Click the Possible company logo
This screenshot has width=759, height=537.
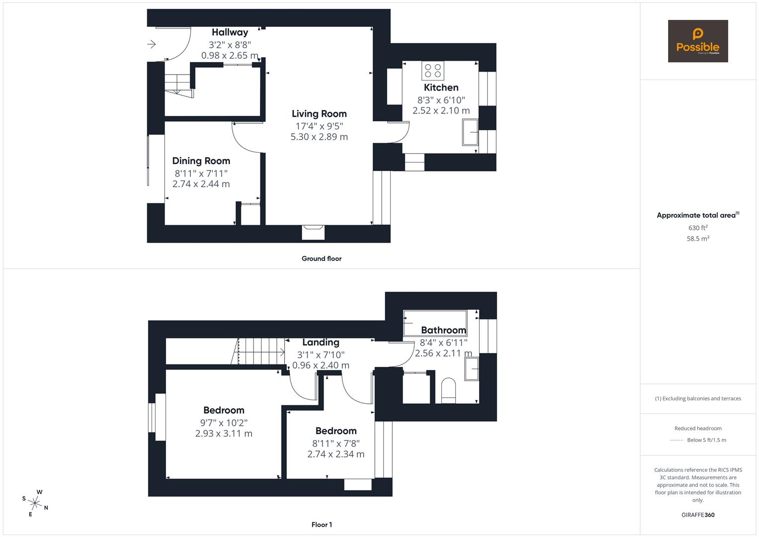(698, 41)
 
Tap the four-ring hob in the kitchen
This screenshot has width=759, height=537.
(433, 71)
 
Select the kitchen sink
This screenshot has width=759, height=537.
(470, 132)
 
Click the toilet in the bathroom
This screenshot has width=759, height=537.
(448, 390)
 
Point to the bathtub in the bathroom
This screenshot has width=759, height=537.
(435, 323)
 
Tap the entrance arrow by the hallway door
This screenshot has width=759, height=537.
(151, 44)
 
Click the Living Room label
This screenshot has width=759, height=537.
(319, 114)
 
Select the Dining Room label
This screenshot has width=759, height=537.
(201, 161)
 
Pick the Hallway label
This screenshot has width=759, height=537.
(230, 32)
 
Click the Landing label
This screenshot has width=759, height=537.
(321, 343)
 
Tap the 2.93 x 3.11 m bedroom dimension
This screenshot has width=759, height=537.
(224, 434)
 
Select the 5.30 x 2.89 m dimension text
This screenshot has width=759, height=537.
(319, 137)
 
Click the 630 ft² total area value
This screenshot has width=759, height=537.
(698, 228)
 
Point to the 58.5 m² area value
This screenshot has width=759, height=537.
(698, 239)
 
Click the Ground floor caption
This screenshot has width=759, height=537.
(322, 259)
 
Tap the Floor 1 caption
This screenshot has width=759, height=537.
(322, 525)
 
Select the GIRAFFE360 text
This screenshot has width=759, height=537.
(698, 515)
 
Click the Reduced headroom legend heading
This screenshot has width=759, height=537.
(698, 429)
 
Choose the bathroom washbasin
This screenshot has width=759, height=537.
(471, 369)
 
